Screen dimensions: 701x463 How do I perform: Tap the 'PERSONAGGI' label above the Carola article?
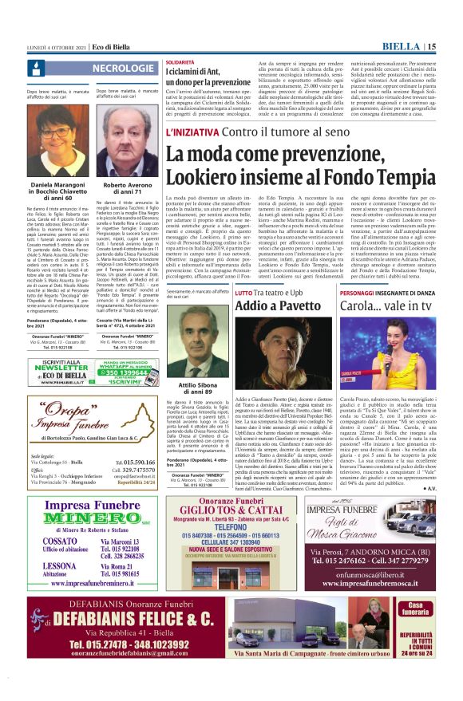(x=362, y=293)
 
